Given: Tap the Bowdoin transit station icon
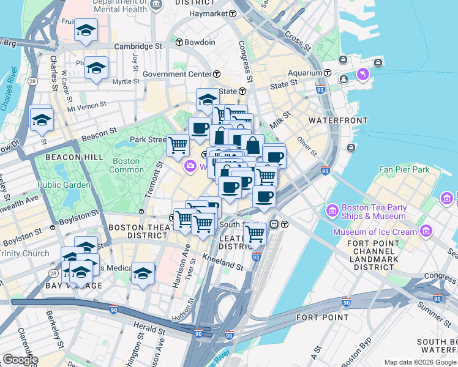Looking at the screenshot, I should point(179,42).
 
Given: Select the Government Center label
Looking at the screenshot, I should point(177,75).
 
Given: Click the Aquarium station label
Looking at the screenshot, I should point(306,73).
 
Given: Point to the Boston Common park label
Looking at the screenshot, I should point(126,166).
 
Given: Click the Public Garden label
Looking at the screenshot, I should point(59,185).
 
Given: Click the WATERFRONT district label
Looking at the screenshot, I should point(337,120).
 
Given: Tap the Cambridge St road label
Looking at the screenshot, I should point(137,46).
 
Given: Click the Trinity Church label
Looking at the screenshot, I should point(24,253).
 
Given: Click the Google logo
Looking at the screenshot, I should point(20,360).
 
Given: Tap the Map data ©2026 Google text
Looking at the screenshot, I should point(420,362).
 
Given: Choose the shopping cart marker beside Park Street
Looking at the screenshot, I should point(178,146).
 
